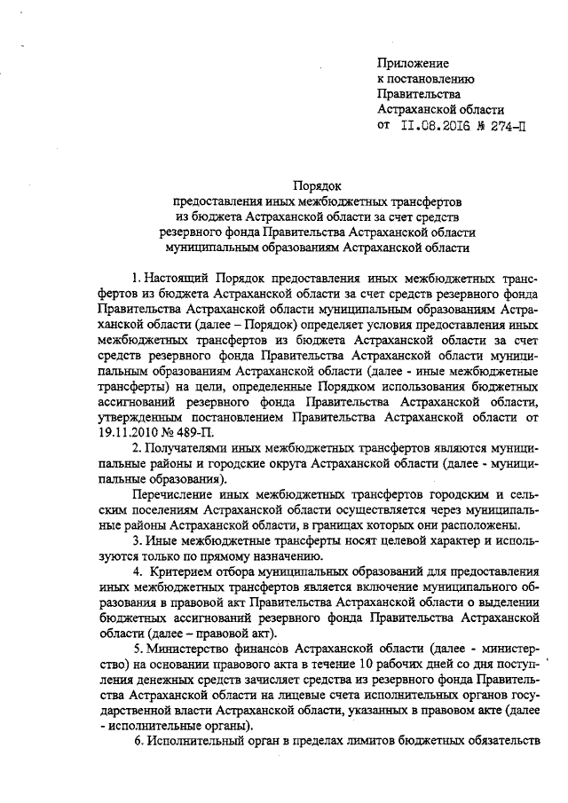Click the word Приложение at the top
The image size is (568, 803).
click(x=413, y=63)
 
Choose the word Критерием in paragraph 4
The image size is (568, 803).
click(x=189, y=572)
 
